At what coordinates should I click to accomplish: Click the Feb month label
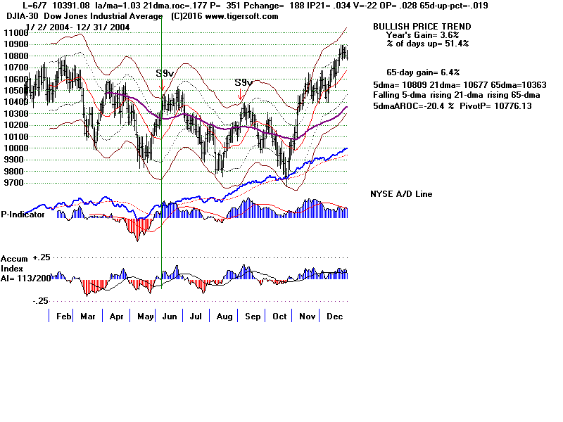(x=63, y=317)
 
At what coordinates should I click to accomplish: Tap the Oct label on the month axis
(x=280, y=317)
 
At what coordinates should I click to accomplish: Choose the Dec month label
(x=334, y=317)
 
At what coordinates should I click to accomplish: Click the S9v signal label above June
(x=165, y=72)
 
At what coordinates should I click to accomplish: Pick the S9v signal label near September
(x=243, y=82)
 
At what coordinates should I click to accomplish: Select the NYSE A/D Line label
(x=401, y=194)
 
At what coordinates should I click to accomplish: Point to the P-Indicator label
(x=23, y=215)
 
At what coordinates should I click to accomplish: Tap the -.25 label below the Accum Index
(x=40, y=300)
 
